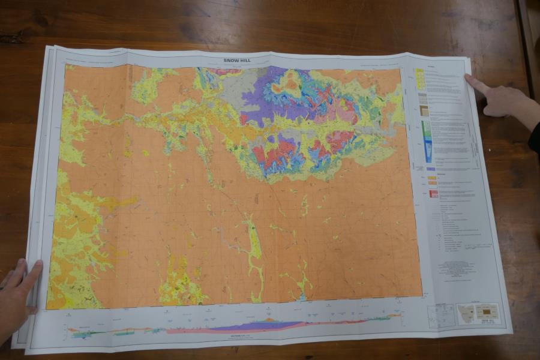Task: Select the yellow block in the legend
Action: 420,79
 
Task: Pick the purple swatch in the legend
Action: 431,169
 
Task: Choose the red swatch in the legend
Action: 433,194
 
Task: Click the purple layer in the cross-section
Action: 252,326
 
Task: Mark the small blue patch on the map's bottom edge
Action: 302,296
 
